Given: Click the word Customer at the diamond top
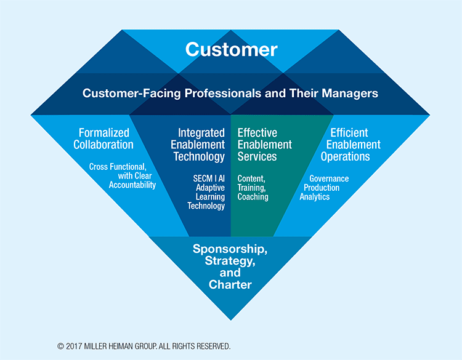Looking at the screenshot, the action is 231,49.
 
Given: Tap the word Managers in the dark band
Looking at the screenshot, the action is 350,93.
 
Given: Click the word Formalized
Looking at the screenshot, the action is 104,133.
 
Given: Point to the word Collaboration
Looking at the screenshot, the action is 103,145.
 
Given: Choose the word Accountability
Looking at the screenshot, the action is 132,185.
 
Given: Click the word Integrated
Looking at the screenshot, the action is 201,133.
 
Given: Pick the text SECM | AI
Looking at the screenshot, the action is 209,178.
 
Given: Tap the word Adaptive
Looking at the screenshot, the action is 211,188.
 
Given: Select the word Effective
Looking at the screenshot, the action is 257,133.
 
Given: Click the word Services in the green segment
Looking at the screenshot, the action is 257,156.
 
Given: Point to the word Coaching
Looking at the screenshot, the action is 253,197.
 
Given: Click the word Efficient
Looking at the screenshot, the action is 349,133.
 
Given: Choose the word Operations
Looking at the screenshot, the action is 346,156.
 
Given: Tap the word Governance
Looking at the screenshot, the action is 329,178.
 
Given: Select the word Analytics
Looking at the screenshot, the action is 315,197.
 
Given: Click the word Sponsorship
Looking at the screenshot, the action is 230,249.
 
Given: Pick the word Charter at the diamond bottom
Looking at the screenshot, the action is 230,285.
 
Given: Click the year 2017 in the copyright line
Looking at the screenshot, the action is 74,346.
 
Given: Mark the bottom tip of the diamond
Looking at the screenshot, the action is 231,320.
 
